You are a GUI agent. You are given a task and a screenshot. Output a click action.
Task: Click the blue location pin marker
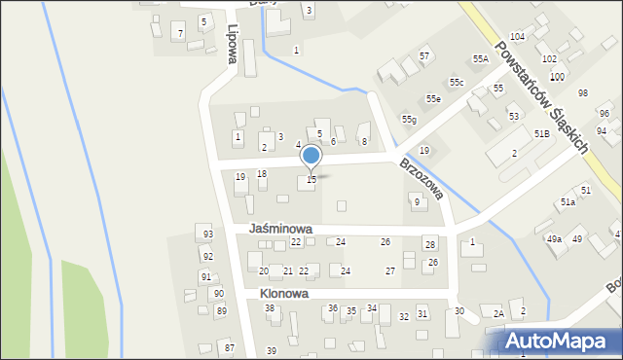click(311, 157)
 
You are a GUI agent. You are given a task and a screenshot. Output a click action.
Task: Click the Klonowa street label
click(284, 293)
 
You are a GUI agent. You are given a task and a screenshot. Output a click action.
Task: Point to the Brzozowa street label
click(421, 179)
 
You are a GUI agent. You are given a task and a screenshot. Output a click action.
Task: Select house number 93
click(207, 235)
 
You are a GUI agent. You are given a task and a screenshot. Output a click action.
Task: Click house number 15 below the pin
click(311, 180)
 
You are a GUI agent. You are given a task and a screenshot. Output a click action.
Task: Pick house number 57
click(424, 56)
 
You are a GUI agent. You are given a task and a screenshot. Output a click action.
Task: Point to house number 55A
click(481, 59)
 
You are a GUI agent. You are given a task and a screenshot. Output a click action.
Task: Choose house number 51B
click(541, 133)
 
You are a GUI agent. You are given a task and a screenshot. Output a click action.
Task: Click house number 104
click(517, 36)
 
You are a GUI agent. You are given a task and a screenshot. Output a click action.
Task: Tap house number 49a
click(554, 238)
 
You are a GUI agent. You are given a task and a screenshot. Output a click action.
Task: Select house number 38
click(271, 308)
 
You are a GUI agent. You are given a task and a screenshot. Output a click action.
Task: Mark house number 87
click(230, 347)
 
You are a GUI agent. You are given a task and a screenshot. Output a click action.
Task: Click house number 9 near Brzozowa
click(417, 202)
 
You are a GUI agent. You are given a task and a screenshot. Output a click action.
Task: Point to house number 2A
click(498, 313)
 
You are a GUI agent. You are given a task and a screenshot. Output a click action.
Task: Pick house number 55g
click(409, 119)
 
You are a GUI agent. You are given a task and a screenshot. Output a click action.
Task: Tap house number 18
click(262, 173)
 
